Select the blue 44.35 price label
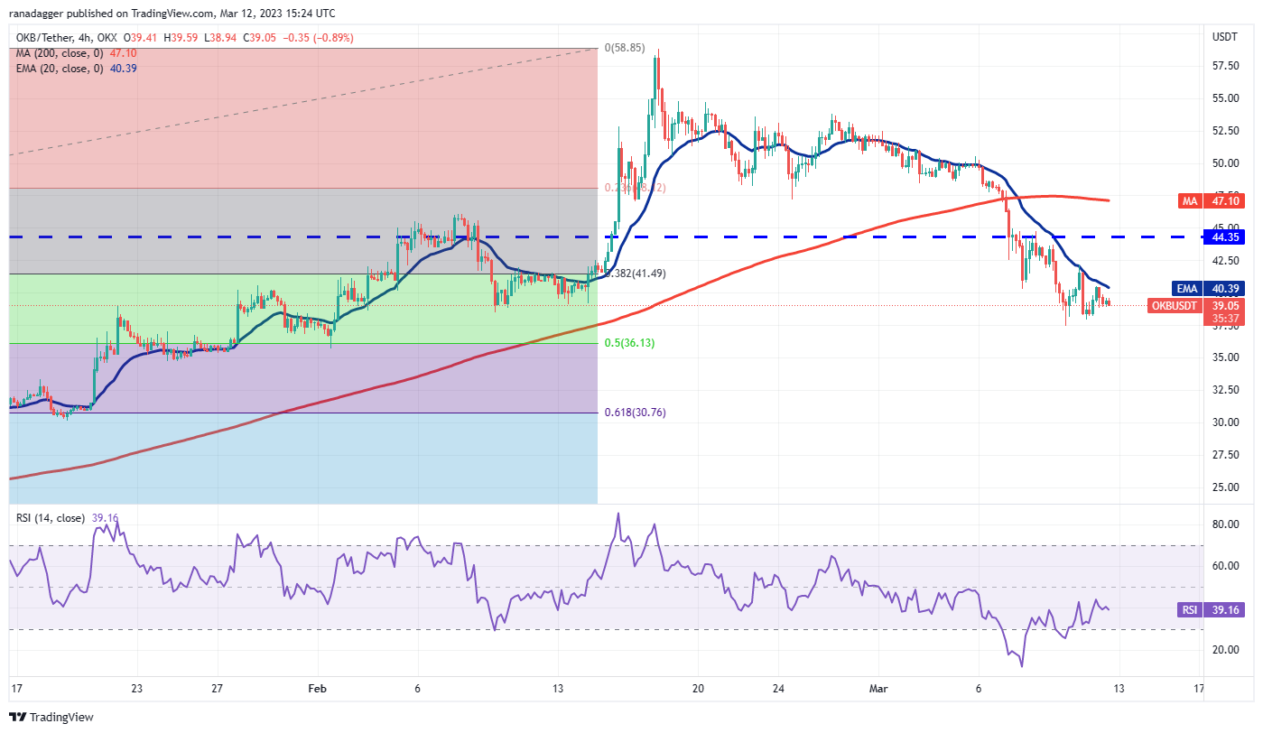point(1224,237)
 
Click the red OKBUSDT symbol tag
point(1174,306)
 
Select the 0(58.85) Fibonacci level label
point(625,47)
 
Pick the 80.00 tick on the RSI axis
point(1223,524)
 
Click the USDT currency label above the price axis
point(1223,36)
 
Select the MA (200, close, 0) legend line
point(56,52)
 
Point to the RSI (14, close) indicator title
point(51,518)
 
